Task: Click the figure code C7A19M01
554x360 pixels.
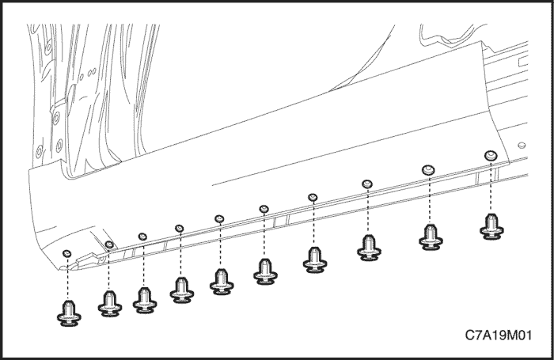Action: (x=498, y=335)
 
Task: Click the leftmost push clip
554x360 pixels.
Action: (x=69, y=313)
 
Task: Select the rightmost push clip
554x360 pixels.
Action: (x=491, y=227)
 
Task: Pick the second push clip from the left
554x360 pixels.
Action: (x=110, y=304)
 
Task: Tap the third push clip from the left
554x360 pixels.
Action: (x=145, y=301)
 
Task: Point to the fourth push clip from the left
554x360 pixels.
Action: (x=181, y=290)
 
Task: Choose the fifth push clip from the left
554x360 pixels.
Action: (x=222, y=282)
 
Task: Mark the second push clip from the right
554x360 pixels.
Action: (x=431, y=237)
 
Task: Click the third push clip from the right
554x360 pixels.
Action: (x=369, y=248)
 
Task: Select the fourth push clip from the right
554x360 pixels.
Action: (x=315, y=260)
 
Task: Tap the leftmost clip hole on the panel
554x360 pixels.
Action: (x=66, y=253)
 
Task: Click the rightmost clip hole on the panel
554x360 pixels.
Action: (x=491, y=155)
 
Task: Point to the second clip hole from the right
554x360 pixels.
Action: (x=429, y=170)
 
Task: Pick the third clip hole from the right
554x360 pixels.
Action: (x=367, y=184)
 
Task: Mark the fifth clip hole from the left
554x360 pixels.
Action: (x=219, y=218)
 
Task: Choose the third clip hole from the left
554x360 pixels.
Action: (x=142, y=237)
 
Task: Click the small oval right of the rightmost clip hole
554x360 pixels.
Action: (x=522, y=146)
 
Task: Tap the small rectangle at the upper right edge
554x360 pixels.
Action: (x=523, y=63)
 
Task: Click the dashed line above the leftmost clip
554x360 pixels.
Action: (x=67, y=279)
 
